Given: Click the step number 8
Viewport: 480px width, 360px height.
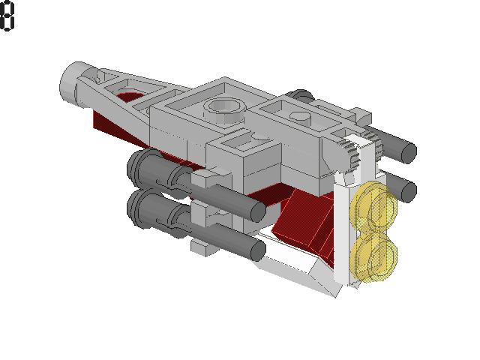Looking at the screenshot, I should coord(7,16).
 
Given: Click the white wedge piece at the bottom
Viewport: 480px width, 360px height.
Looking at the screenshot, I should coord(300,270).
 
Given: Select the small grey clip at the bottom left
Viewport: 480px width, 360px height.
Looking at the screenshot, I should coord(201,246).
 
